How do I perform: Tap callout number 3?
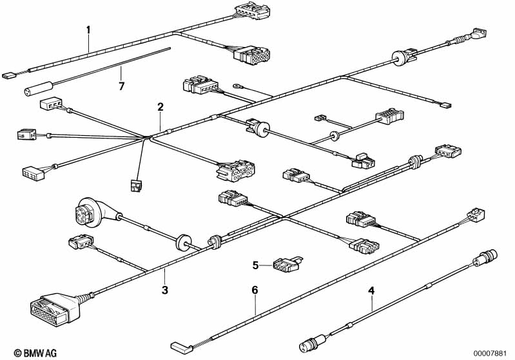point(165,290)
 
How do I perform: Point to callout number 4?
point(371,290)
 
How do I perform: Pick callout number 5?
point(255,264)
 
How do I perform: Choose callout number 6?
point(255,290)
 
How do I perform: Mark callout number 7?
point(121,84)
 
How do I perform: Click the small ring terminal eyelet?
point(238,84)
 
